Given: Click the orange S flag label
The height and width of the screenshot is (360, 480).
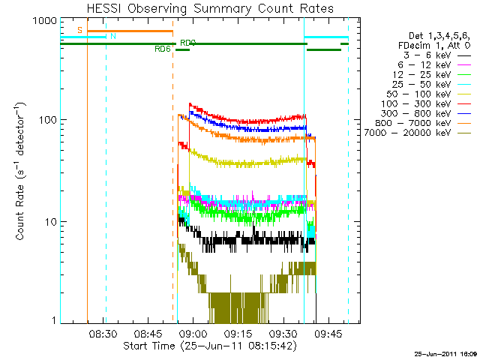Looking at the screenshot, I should (79, 30).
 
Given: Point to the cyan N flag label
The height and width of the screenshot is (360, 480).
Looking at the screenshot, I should (112, 36).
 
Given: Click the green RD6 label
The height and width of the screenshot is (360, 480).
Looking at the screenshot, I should (162, 49).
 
